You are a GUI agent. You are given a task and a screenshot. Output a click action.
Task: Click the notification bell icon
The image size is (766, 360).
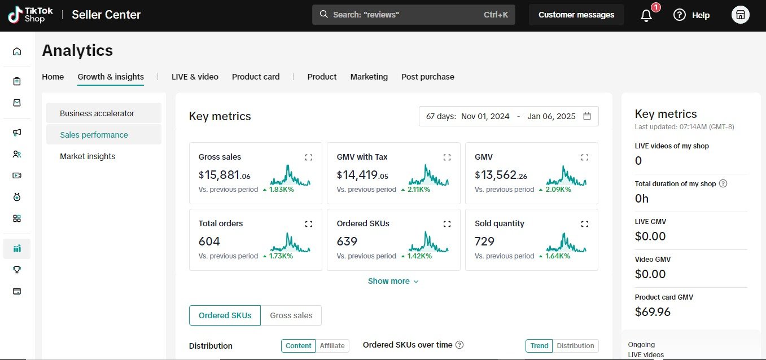coord(646,15)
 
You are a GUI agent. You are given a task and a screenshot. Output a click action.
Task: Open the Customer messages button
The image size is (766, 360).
coord(576,15)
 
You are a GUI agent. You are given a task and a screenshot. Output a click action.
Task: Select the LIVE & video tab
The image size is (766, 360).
coord(195,77)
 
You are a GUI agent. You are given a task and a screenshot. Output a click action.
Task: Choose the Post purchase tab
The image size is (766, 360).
coord(428,77)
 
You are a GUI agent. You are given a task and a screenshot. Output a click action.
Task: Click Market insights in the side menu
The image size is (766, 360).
coord(87,156)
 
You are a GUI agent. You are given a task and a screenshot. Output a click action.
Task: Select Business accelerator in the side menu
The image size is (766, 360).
coord(97,113)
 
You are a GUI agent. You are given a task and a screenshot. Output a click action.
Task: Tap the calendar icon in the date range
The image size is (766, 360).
coord(587,116)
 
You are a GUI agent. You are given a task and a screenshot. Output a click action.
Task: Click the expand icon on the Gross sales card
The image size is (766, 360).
coord(309,157)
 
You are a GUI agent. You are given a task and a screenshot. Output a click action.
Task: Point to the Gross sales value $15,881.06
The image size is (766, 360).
coord(224,175)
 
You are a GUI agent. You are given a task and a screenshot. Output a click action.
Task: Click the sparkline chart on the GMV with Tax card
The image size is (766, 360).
coord(428,175)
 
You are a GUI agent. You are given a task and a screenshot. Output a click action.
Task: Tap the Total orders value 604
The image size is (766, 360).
coord(209,242)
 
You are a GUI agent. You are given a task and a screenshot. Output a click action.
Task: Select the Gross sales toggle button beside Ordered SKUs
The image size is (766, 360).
coord(291,315)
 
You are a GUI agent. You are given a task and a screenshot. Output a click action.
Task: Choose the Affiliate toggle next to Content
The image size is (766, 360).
coord(332,346)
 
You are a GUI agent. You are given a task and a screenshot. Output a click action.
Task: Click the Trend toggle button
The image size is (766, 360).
coord(539,346)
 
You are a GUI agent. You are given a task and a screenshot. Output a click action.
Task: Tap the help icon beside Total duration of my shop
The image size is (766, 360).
coord(723,183)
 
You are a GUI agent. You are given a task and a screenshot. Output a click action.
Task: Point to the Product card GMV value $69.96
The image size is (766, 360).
coord(653,312)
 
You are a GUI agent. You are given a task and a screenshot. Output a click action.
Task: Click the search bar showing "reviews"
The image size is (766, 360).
coord(413,15)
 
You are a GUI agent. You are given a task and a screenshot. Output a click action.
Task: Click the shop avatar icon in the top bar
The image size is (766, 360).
coord(741,15)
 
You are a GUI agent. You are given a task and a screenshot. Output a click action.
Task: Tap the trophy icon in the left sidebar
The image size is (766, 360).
coord(17,270)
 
